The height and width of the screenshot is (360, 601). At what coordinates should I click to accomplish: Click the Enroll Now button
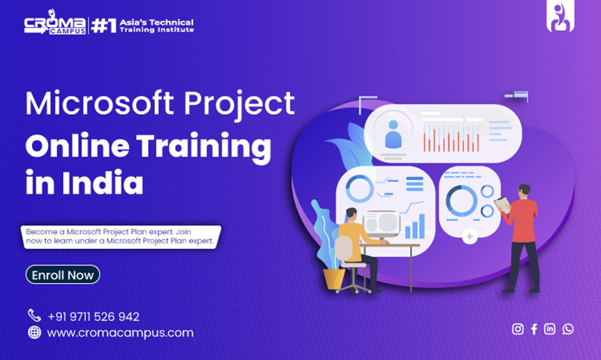tap(63, 275)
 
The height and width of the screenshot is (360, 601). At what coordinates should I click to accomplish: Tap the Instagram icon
tap(518, 329)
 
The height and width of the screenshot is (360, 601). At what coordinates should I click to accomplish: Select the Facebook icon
tap(534, 329)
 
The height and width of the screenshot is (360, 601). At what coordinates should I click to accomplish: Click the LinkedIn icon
tap(550, 329)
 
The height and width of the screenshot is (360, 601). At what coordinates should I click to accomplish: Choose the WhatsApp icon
tap(568, 329)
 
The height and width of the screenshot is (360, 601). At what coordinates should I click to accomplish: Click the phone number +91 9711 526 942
tap(93, 317)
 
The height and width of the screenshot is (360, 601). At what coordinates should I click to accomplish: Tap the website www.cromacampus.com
tap(120, 333)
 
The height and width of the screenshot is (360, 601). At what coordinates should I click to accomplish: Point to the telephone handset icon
tap(34, 315)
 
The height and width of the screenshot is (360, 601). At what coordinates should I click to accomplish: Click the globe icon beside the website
tap(34, 333)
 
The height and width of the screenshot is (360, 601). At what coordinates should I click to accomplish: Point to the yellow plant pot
tap(333, 278)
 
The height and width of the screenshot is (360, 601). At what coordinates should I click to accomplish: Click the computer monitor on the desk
tap(381, 223)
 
